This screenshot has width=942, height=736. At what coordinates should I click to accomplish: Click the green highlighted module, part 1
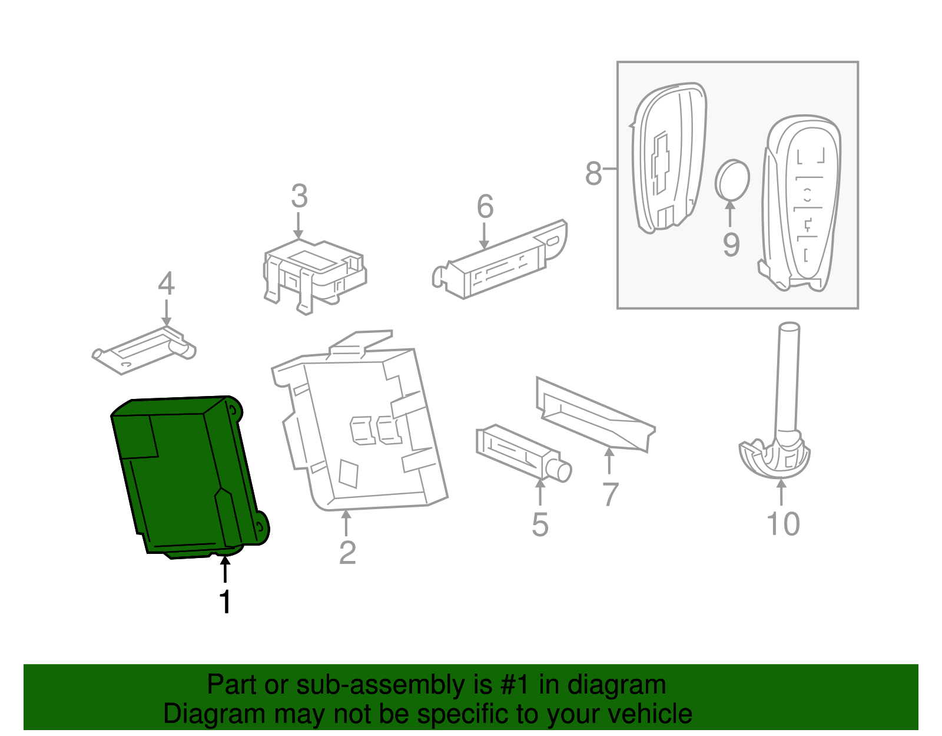(x=183, y=477)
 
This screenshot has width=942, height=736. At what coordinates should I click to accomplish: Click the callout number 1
(x=224, y=602)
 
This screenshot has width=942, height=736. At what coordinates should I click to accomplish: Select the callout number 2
(x=347, y=553)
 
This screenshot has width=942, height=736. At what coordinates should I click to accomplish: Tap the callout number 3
(x=299, y=196)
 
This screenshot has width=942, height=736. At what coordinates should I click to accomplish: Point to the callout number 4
(x=166, y=284)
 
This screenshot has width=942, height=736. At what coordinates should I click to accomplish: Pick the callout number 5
(x=540, y=524)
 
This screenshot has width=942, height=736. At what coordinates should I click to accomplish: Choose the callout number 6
(x=485, y=207)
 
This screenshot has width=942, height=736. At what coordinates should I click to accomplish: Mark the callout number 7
(x=611, y=494)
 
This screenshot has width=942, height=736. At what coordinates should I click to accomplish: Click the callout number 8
(x=593, y=173)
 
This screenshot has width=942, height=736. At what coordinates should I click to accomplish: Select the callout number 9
(x=731, y=245)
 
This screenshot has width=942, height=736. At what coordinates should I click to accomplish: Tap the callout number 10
(x=783, y=524)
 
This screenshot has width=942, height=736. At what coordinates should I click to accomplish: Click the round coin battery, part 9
(x=732, y=180)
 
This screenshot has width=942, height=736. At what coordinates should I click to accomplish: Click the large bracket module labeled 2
(x=359, y=430)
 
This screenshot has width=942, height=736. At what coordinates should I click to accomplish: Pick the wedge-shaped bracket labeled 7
(x=595, y=415)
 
